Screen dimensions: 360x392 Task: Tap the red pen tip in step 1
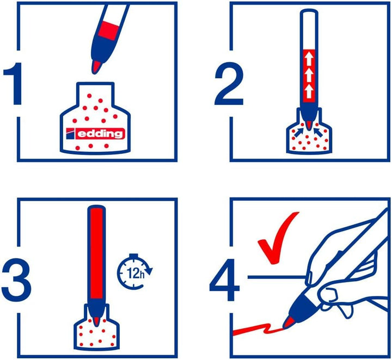pos(96,66)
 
